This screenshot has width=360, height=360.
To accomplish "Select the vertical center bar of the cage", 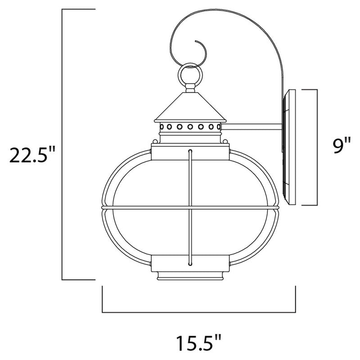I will point(191,207).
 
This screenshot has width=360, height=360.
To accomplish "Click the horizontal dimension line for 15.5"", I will point(198,312).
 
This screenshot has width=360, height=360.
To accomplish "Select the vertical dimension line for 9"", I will point(317,147).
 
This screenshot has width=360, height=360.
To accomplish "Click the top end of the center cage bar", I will point(191,150).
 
